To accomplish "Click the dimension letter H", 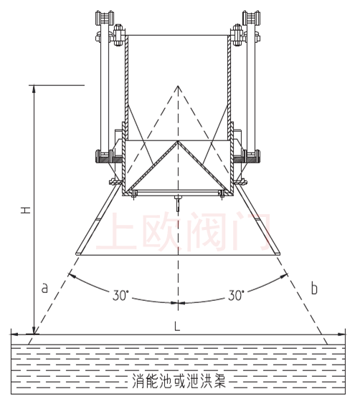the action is pyautogui.click(x=26, y=210).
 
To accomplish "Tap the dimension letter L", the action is pyautogui.click(x=177, y=327).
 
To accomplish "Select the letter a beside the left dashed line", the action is pyautogui.click(x=44, y=287).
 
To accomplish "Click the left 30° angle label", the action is pyautogui.click(x=120, y=295).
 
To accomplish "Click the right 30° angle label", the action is pyautogui.click(x=236, y=295).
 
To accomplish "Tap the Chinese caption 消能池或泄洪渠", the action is pyautogui.click(x=179, y=381).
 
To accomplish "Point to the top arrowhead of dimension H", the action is pyautogui.click(x=33, y=89).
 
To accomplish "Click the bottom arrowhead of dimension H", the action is pyautogui.click(x=34, y=330).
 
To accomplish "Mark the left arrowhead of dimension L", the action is pyautogui.click(x=14, y=335).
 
